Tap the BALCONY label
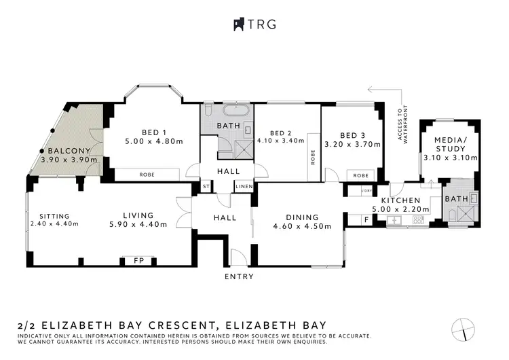[x=69, y=151]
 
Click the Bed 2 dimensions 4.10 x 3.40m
[x=285, y=141]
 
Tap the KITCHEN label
[x=402, y=202]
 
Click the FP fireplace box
[x=138, y=259]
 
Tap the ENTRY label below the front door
[x=239, y=276]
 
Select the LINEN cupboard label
[x=244, y=186]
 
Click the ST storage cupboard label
[x=206, y=186]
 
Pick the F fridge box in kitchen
[x=366, y=219]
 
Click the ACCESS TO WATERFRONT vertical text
[x=404, y=124]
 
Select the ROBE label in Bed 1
[x=147, y=175]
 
